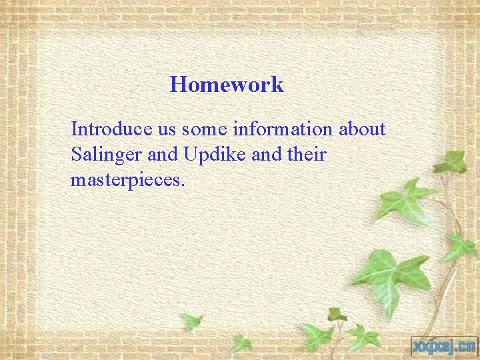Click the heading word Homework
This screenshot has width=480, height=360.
point(227,85)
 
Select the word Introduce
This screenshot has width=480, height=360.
point(103,129)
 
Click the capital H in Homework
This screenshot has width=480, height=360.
point(177,85)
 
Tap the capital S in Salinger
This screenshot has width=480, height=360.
point(75,155)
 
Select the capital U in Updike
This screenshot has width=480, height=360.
point(185,155)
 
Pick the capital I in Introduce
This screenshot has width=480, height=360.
point(74,129)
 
